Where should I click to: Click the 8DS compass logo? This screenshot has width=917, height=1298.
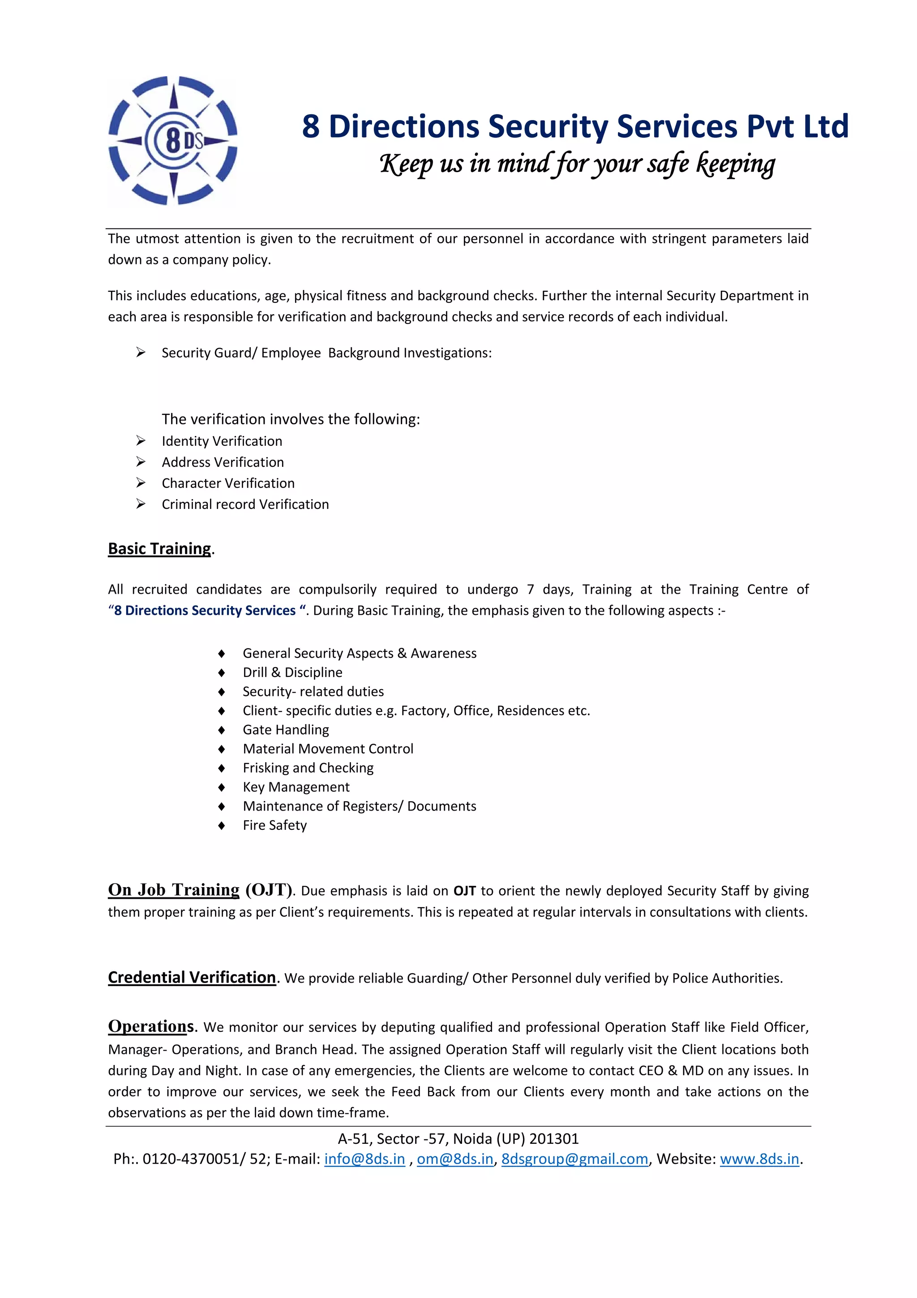[x=172, y=140]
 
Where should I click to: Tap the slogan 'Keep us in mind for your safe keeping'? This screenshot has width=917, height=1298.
[x=577, y=164]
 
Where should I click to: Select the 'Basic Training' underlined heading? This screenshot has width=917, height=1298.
[x=159, y=548]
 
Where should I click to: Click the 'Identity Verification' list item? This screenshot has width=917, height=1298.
[x=222, y=441]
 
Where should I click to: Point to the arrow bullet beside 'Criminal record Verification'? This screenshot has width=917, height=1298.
[x=141, y=504]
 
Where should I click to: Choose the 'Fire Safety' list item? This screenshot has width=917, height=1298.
[x=274, y=825]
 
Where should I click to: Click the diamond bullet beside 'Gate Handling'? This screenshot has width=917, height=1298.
[x=222, y=730]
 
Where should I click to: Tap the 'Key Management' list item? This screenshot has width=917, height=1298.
[x=296, y=787]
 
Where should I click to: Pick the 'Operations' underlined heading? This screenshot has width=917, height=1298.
[x=151, y=1026]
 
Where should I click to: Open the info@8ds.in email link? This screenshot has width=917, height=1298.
[x=364, y=1159]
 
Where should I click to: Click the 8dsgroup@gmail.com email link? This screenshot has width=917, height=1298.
[x=574, y=1159]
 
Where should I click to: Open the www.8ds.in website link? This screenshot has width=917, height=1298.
[x=759, y=1159]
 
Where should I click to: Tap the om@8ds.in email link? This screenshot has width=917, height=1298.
[x=455, y=1159]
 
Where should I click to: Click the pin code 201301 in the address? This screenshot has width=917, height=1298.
[x=554, y=1138]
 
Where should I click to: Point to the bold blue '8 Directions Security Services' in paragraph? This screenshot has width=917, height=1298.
[x=205, y=611]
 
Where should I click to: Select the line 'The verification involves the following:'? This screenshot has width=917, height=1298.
[x=291, y=419]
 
